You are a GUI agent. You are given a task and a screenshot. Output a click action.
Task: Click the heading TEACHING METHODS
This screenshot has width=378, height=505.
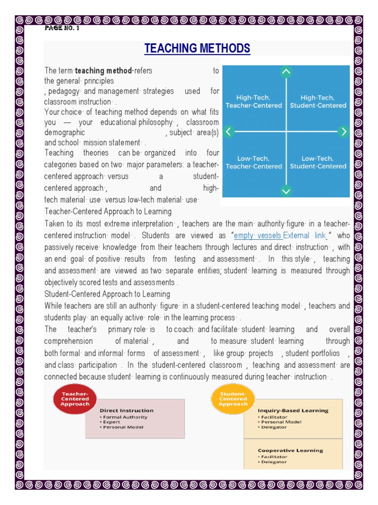[197, 48]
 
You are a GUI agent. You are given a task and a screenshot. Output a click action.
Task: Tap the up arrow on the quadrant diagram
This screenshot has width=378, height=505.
[286, 72]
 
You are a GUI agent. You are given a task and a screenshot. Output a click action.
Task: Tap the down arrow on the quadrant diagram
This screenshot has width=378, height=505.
[286, 191]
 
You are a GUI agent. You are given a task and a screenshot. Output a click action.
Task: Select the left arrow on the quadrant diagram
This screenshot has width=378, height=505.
[228, 131]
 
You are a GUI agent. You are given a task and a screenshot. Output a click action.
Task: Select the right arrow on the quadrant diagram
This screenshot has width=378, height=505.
[344, 131]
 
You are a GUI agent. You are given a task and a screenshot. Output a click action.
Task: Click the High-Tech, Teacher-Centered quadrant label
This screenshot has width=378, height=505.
[253, 102]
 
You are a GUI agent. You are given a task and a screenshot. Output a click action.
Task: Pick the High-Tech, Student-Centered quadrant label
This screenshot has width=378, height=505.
[317, 102]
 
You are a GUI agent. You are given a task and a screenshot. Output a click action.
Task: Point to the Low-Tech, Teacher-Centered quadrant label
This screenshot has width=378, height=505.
[253, 162]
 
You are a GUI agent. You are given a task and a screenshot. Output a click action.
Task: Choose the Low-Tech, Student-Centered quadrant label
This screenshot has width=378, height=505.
[317, 162]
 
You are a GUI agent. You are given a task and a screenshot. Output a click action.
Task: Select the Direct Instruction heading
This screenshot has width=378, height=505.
[126, 410]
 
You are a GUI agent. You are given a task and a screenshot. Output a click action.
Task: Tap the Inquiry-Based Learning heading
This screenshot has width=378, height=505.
[293, 410]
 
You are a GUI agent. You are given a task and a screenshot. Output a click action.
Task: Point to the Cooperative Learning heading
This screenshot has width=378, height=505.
[290, 450]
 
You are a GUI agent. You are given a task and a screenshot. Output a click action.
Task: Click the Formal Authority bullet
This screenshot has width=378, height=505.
[125, 417]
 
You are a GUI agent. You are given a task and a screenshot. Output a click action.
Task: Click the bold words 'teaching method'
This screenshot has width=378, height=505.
[103, 71]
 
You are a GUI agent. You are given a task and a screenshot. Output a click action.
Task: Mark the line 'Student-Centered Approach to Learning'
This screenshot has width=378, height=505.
[107, 294]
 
